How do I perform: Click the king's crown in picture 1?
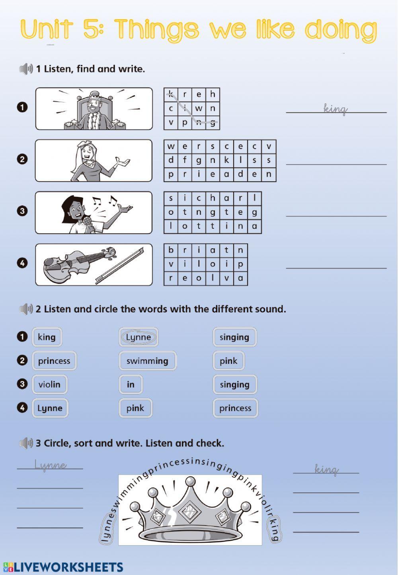point(94,96)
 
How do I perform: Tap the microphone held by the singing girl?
point(86,222)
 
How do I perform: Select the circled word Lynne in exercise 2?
point(139,337)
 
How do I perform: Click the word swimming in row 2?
point(147,361)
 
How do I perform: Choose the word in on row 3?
point(131,385)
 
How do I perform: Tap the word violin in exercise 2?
point(49,385)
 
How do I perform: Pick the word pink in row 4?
point(135,408)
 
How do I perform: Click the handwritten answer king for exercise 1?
point(336,108)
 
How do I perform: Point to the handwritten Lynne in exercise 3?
point(50,465)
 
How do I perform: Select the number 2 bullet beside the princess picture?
point(22,159)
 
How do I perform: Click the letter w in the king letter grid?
point(199,108)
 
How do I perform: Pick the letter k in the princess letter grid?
point(226,160)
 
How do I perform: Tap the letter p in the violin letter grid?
point(240,264)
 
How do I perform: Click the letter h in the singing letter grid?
point(213,198)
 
